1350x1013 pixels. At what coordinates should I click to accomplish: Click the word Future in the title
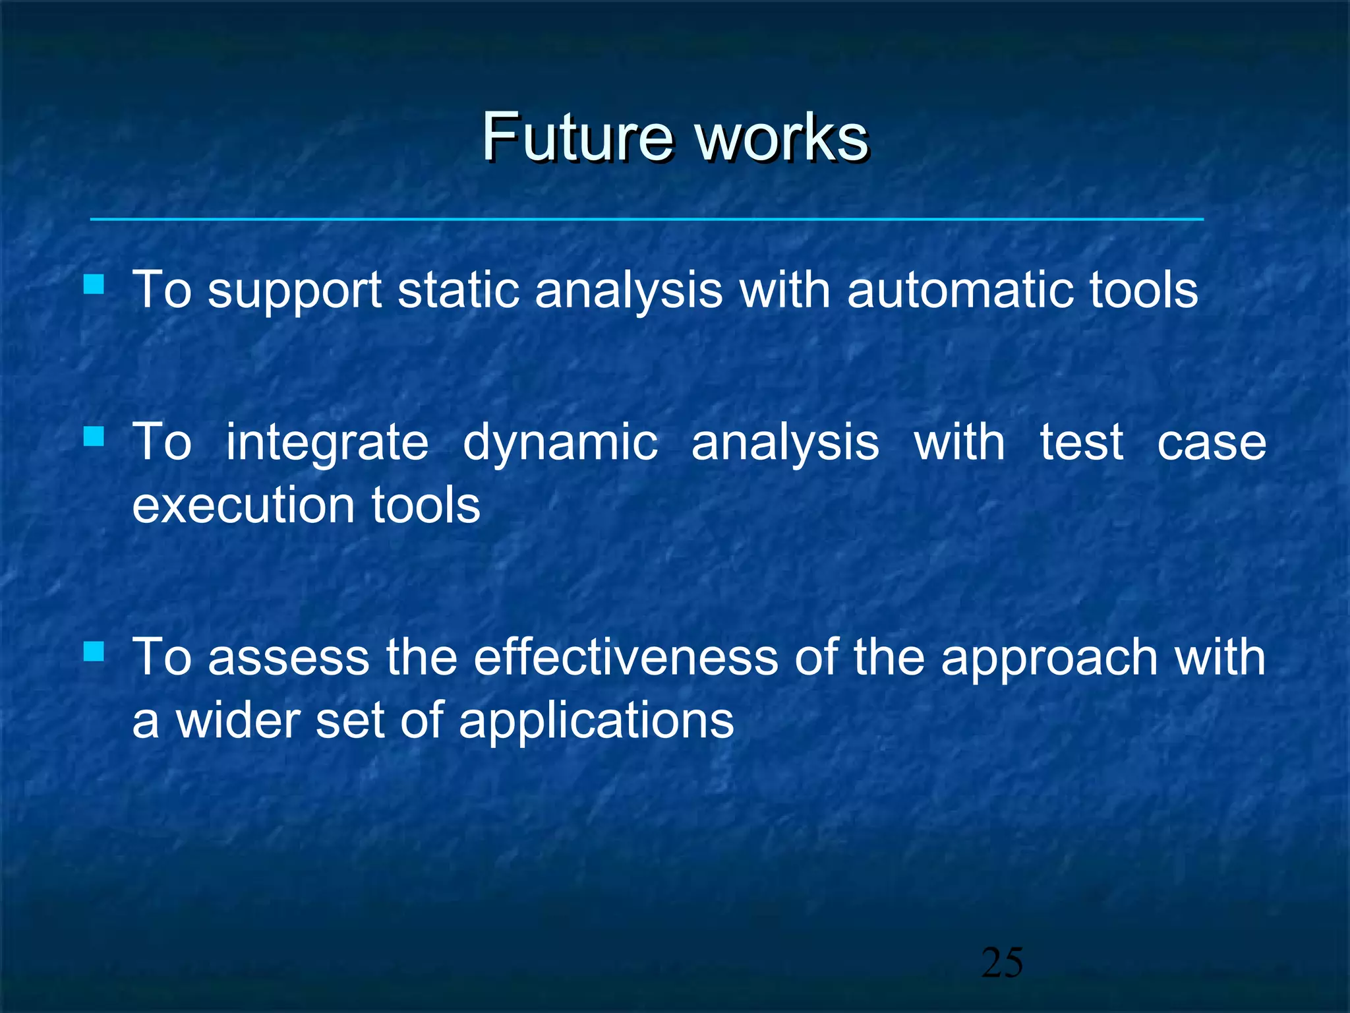click(x=577, y=137)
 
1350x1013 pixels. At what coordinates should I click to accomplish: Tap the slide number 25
click(x=1002, y=962)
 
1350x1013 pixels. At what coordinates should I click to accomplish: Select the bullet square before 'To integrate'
click(x=94, y=436)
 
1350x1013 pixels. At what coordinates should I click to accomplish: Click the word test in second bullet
click(x=1081, y=442)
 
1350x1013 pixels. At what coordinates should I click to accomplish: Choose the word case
click(x=1212, y=443)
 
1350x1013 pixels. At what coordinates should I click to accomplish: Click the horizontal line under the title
click(x=646, y=219)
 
